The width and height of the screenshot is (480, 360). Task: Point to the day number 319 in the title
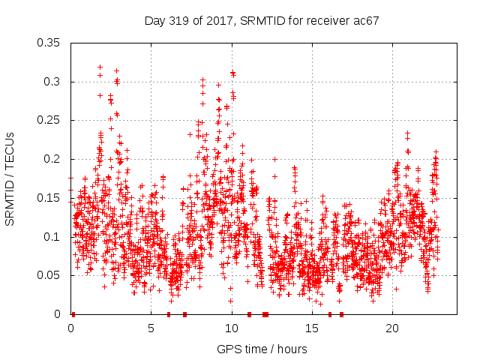point(181,21)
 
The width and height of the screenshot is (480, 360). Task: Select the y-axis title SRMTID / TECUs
point(10,178)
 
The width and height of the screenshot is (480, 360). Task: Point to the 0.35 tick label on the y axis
point(49,43)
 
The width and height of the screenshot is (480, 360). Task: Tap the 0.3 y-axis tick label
point(52,82)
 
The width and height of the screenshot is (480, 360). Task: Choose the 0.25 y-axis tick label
point(49,120)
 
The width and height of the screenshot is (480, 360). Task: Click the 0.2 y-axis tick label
point(52,159)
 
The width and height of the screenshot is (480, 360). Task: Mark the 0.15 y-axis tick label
point(49,198)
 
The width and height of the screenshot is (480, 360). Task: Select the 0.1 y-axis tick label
point(52,237)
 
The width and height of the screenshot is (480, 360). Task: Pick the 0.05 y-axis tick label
point(49,275)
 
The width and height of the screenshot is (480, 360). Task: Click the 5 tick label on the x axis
point(151,328)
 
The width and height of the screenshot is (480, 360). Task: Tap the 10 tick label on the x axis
point(232,328)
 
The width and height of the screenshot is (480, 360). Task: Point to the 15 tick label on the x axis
point(312,328)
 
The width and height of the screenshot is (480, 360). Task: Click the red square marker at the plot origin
point(73,314)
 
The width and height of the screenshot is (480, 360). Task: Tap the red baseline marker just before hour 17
point(341,314)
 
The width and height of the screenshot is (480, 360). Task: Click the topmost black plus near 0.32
point(100,67)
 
